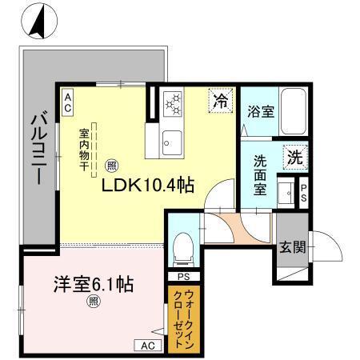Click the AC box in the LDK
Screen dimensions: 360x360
pos(68,101)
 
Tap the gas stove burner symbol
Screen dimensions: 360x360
pos(174,103)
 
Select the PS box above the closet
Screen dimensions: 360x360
pos(182,277)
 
